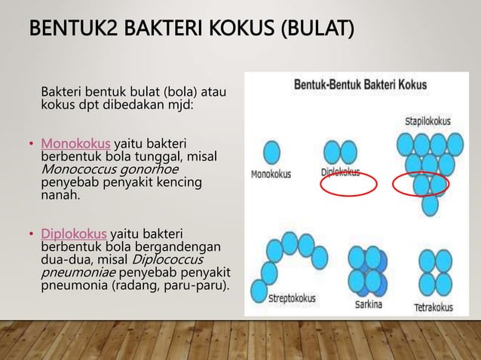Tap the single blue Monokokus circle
coord(269,149)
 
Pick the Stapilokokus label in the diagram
coord(427,121)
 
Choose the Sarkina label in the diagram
coord(369,305)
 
